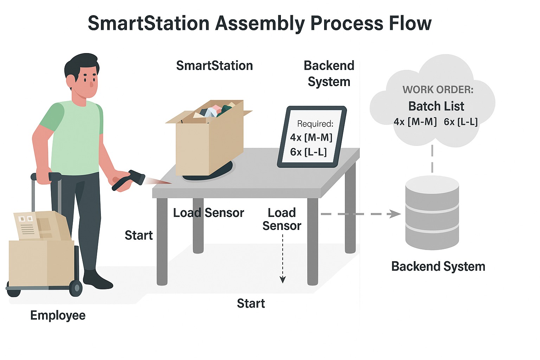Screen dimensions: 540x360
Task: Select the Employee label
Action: (58, 316)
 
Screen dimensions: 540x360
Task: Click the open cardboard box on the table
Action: (209, 137)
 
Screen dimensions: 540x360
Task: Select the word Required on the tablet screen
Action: (315, 124)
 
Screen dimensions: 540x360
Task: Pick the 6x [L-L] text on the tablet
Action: (309, 152)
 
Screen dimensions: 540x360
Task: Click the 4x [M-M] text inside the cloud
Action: (415, 122)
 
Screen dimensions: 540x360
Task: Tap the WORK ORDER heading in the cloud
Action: (438, 90)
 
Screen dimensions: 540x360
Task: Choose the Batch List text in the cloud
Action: (436, 106)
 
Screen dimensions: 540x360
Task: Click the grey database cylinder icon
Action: (432, 212)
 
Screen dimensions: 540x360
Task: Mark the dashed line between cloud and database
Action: (432, 159)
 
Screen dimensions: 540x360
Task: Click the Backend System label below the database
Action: (438, 266)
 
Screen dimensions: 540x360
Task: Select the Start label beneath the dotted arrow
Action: (251, 303)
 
